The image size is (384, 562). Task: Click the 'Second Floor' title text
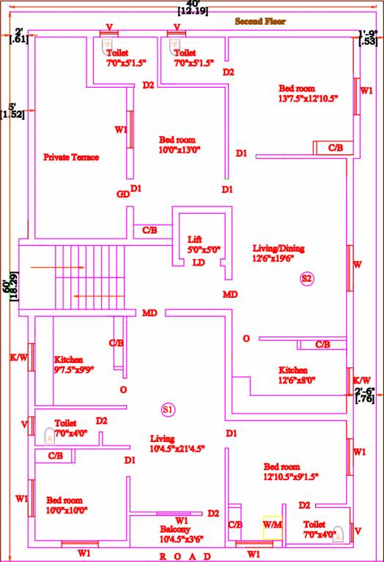pyautogui.click(x=260, y=22)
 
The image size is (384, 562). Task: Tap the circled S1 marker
pyautogui.click(x=168, y=409)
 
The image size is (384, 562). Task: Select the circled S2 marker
pyautogui.click(x=306, y=278)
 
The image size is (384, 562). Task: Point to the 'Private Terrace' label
pyautogui.click(x=71, y=157)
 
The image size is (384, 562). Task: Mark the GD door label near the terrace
pyautogui.click(x=122, y=194)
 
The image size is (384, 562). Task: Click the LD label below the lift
pyautogui.click(x=198, y=263)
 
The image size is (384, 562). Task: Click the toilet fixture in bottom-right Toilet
pyautogui.click(x=339, y=533)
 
